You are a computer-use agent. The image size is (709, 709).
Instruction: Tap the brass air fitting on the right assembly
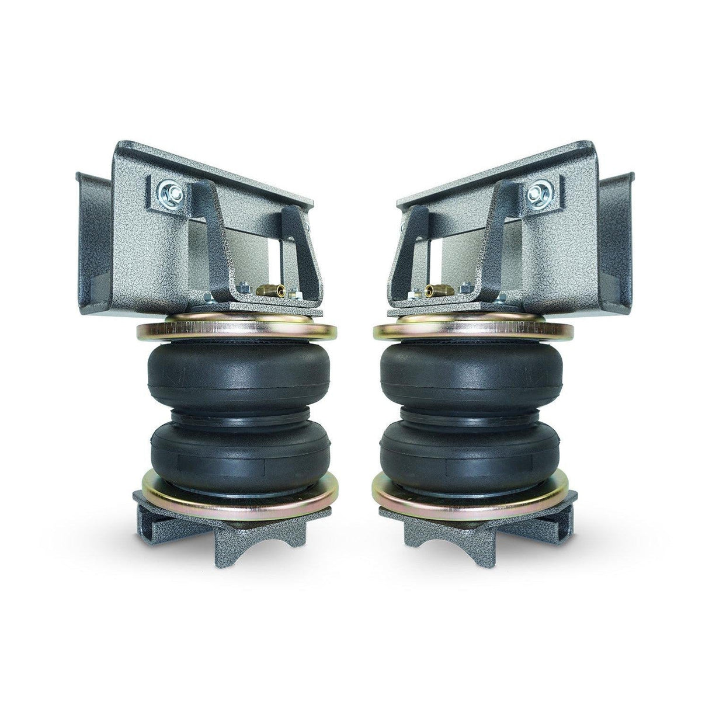(x=433, y=289)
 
